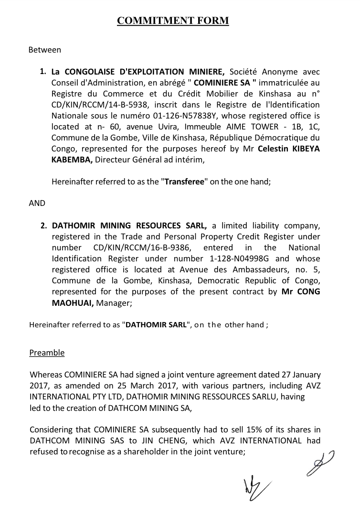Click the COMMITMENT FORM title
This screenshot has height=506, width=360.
pyautogui.click(x=173, y=21)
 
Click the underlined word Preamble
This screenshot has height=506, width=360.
pyautogui.click(x=47, y=353)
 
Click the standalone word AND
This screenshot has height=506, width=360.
pyautogui.click(x=37, y=203)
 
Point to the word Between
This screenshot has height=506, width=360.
pyautogui.click(x=45, y=49)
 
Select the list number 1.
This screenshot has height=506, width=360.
pyautogui.click(x=43, y=72)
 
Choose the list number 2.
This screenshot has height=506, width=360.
pyautogui.click(x=43, y=225)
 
